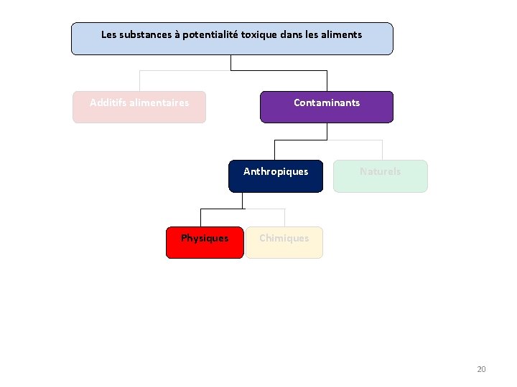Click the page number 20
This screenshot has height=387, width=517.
click(481, 369)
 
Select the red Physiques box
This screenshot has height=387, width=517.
click(205, 242)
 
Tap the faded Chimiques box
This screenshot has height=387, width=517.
click(284, 242)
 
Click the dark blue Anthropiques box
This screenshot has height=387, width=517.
click(276, 176)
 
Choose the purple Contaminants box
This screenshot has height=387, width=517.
click(327, 107)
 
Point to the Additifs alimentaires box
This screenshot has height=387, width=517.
click(139, 107)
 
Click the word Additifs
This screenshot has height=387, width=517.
click(106, 102)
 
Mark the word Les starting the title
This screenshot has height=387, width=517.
click(108, 34)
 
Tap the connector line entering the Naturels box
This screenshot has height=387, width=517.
click(382, 149)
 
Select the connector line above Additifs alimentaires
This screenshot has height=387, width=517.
click(139, 80)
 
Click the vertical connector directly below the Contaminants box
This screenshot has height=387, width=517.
click(327, 130)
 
